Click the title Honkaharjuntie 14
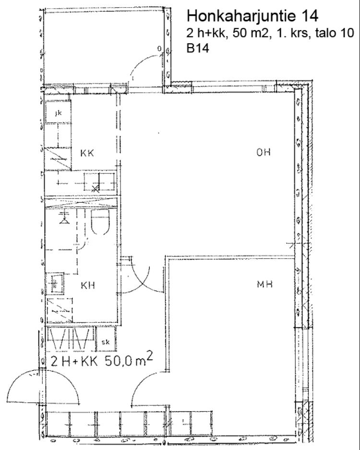coord(252,16)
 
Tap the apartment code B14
coord(198,48)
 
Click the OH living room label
coord(264,152)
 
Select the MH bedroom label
coord(264,284)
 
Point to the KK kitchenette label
coord(87,153)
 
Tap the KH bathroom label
coord(88,285)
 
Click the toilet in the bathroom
coord(100,222)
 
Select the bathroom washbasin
coord(55,284)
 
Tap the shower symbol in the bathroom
coord(64,218)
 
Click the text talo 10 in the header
coord(335,33)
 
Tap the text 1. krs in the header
coord(292,33)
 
